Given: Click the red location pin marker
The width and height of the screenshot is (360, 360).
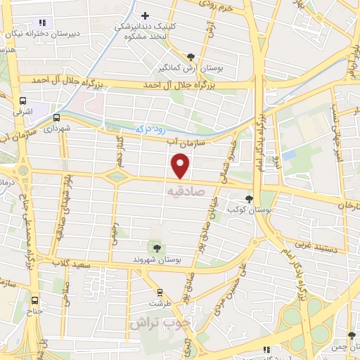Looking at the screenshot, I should [181, 166].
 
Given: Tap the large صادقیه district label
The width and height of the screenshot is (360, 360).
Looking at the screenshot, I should [184, 191].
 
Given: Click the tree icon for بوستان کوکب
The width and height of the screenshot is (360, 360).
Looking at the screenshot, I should [249, 199].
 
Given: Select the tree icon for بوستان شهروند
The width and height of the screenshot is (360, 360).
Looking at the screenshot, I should [156, 247].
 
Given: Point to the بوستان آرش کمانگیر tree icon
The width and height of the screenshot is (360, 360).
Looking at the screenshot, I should [191, 57].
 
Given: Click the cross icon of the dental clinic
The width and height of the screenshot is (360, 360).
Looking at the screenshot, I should [146, 15].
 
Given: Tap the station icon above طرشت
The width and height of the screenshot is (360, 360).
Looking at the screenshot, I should [160, 292].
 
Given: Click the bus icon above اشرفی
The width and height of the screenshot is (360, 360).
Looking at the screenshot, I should [23, 101].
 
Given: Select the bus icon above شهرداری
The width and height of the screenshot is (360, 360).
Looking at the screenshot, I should [56, 118].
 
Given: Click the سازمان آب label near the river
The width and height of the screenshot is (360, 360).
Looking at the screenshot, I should [180, 143].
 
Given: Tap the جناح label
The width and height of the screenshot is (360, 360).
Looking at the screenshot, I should [34, 310].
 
